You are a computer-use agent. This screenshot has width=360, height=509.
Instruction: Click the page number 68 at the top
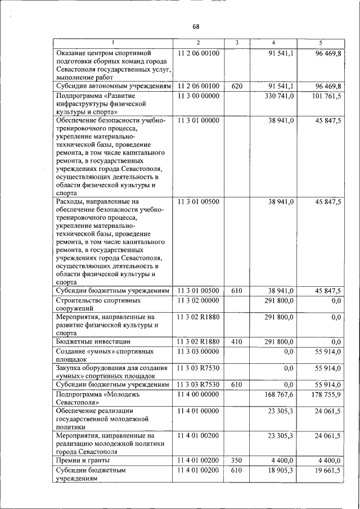(196, 26)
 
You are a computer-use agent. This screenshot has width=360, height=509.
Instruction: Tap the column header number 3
(237, 43)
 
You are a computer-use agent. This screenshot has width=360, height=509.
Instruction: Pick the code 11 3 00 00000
(198, 96)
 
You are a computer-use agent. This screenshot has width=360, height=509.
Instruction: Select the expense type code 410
(237, 341)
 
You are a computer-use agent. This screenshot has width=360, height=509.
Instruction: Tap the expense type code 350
(237, 461)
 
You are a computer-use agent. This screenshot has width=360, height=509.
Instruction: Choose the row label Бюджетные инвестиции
(93, 341)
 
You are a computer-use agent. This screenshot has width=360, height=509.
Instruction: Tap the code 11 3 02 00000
(198, 301)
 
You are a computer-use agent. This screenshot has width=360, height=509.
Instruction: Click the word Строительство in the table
(82, 301)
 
